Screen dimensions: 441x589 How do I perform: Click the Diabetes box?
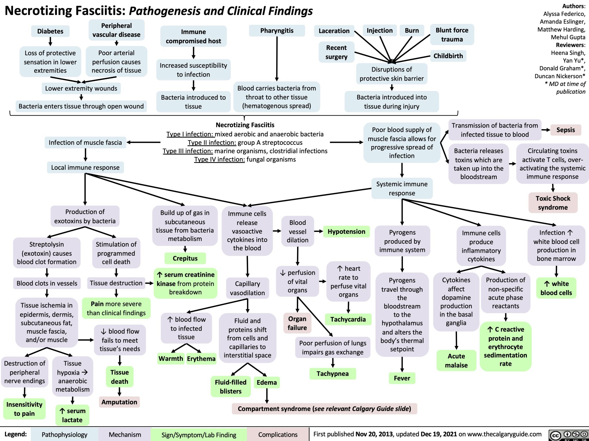click(x=50, y=31)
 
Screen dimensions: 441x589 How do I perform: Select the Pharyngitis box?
click(x=277, y=30)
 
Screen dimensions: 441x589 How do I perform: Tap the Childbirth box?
click(x=448, y=56)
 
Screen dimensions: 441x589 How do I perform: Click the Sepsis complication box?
click(x=565, y=130)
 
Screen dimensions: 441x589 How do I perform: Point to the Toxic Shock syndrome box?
click(x=553, y=203)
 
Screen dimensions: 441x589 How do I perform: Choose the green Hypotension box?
click(x=346, y=232)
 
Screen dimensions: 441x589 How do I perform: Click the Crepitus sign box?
click(x=185, y=258)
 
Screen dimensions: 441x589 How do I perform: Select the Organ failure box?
click(x=297, y=323)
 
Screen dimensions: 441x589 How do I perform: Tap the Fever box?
click(x=402, y=378)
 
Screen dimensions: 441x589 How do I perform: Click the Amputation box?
click(x=119, y=402)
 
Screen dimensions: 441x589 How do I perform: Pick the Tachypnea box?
click(x=332, y=373)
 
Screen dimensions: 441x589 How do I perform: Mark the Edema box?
click(x=267, y=382)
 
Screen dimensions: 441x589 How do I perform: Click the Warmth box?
click(x=171, y=359)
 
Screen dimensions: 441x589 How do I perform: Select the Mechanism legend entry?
click(x=125, y=435)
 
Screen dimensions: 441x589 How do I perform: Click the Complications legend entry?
click(x=278, y=435)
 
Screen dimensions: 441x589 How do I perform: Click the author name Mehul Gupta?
click(x=568, y=37)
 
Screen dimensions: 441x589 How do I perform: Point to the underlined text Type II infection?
click(x=212, y=142)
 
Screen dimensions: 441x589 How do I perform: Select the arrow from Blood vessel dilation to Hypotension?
click(x=319, y=231)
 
